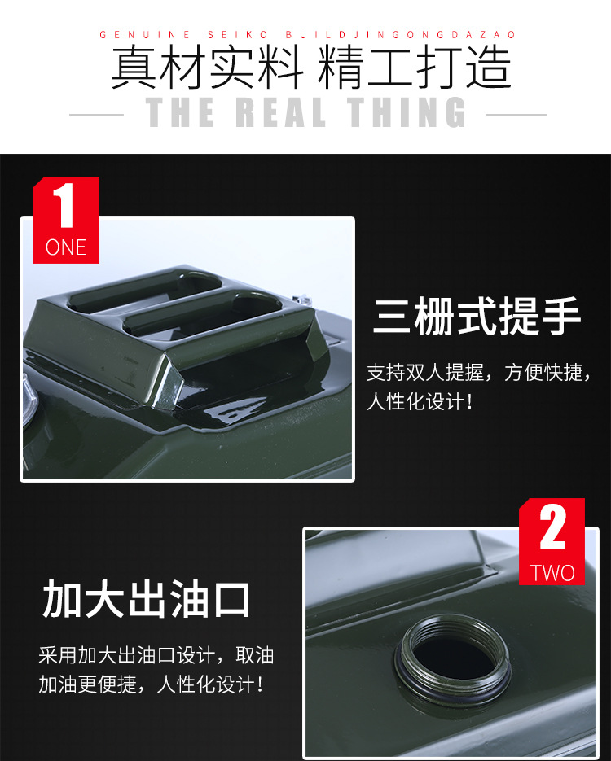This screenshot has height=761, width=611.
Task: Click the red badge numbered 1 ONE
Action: coord(66,220)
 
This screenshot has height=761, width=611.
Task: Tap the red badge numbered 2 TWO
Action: coord(552,541)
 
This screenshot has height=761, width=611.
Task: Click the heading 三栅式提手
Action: coord(477,316)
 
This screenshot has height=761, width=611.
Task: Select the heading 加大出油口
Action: coord(146,599)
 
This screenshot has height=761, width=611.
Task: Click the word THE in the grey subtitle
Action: coord(180,112)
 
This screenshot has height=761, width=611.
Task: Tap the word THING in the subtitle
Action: coord(406,112)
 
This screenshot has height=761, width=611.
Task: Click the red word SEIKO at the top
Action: coord(238,35)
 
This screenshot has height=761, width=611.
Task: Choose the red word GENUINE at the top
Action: coord(145,35)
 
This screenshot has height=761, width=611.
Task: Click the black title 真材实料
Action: coord(208,67)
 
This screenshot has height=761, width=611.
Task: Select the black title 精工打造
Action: coord(415,67)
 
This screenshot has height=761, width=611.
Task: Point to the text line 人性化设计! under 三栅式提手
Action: coord(420,402)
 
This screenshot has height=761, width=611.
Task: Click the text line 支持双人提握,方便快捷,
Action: coord(479,373)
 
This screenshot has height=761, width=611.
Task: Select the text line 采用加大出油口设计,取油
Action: coord(156,655)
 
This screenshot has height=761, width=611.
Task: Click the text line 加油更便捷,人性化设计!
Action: coord(151,684)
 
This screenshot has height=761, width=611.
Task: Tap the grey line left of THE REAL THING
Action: coord(97,115)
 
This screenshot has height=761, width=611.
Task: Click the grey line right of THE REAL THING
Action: coord(516,115)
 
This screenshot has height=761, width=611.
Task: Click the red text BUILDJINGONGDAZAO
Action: coord(400,35)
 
